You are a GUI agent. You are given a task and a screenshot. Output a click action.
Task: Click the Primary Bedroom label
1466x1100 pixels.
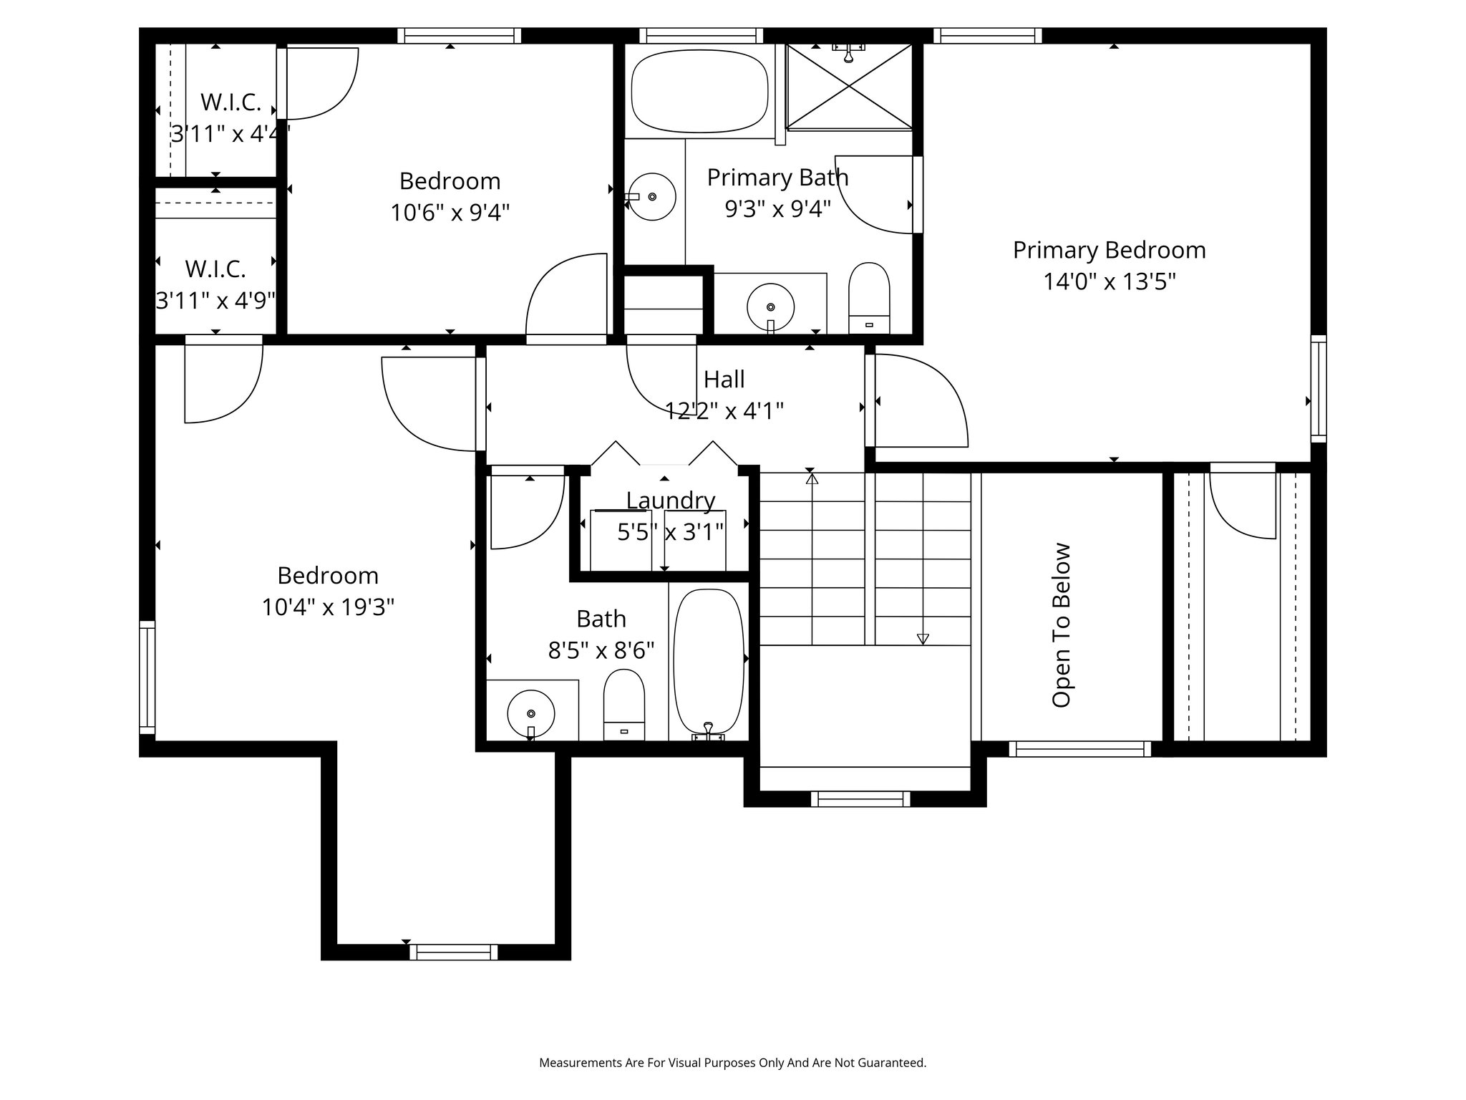pos(1109,251)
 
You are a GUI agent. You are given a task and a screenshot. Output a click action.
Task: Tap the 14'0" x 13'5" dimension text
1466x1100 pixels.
pos(1109,282)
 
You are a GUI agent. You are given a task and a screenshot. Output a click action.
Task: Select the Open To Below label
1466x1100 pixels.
pos(1061,625)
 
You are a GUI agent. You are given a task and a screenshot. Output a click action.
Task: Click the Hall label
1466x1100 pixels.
pos(724,379)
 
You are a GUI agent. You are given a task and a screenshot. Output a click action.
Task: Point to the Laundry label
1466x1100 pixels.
pos(671,501)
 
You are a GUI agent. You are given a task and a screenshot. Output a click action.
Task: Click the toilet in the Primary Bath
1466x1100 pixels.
pos(869,298)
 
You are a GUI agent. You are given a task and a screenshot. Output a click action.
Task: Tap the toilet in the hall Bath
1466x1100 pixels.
pos(624,705)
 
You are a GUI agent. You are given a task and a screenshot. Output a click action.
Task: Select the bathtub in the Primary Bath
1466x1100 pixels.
pos(699,91)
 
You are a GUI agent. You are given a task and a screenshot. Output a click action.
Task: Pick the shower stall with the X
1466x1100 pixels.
pos(849,87)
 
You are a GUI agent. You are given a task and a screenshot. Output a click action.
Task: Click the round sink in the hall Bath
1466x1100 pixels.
pos(531,713)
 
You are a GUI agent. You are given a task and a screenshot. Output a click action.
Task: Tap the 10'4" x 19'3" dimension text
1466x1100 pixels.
pos(328,608)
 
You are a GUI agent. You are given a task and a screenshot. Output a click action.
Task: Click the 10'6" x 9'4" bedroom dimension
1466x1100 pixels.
pos(450,213)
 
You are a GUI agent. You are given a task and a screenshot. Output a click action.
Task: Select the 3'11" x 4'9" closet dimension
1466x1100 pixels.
pos(215,301)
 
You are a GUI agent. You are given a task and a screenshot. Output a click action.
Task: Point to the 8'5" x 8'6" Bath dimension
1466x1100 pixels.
pos(601,650)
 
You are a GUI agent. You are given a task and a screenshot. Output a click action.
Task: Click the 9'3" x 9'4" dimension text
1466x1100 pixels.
pos(778,209)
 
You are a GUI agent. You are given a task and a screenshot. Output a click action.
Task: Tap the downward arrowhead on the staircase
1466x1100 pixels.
pos(923,639)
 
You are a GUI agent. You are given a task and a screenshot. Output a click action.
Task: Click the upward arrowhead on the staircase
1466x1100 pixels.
pos(812,478)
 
